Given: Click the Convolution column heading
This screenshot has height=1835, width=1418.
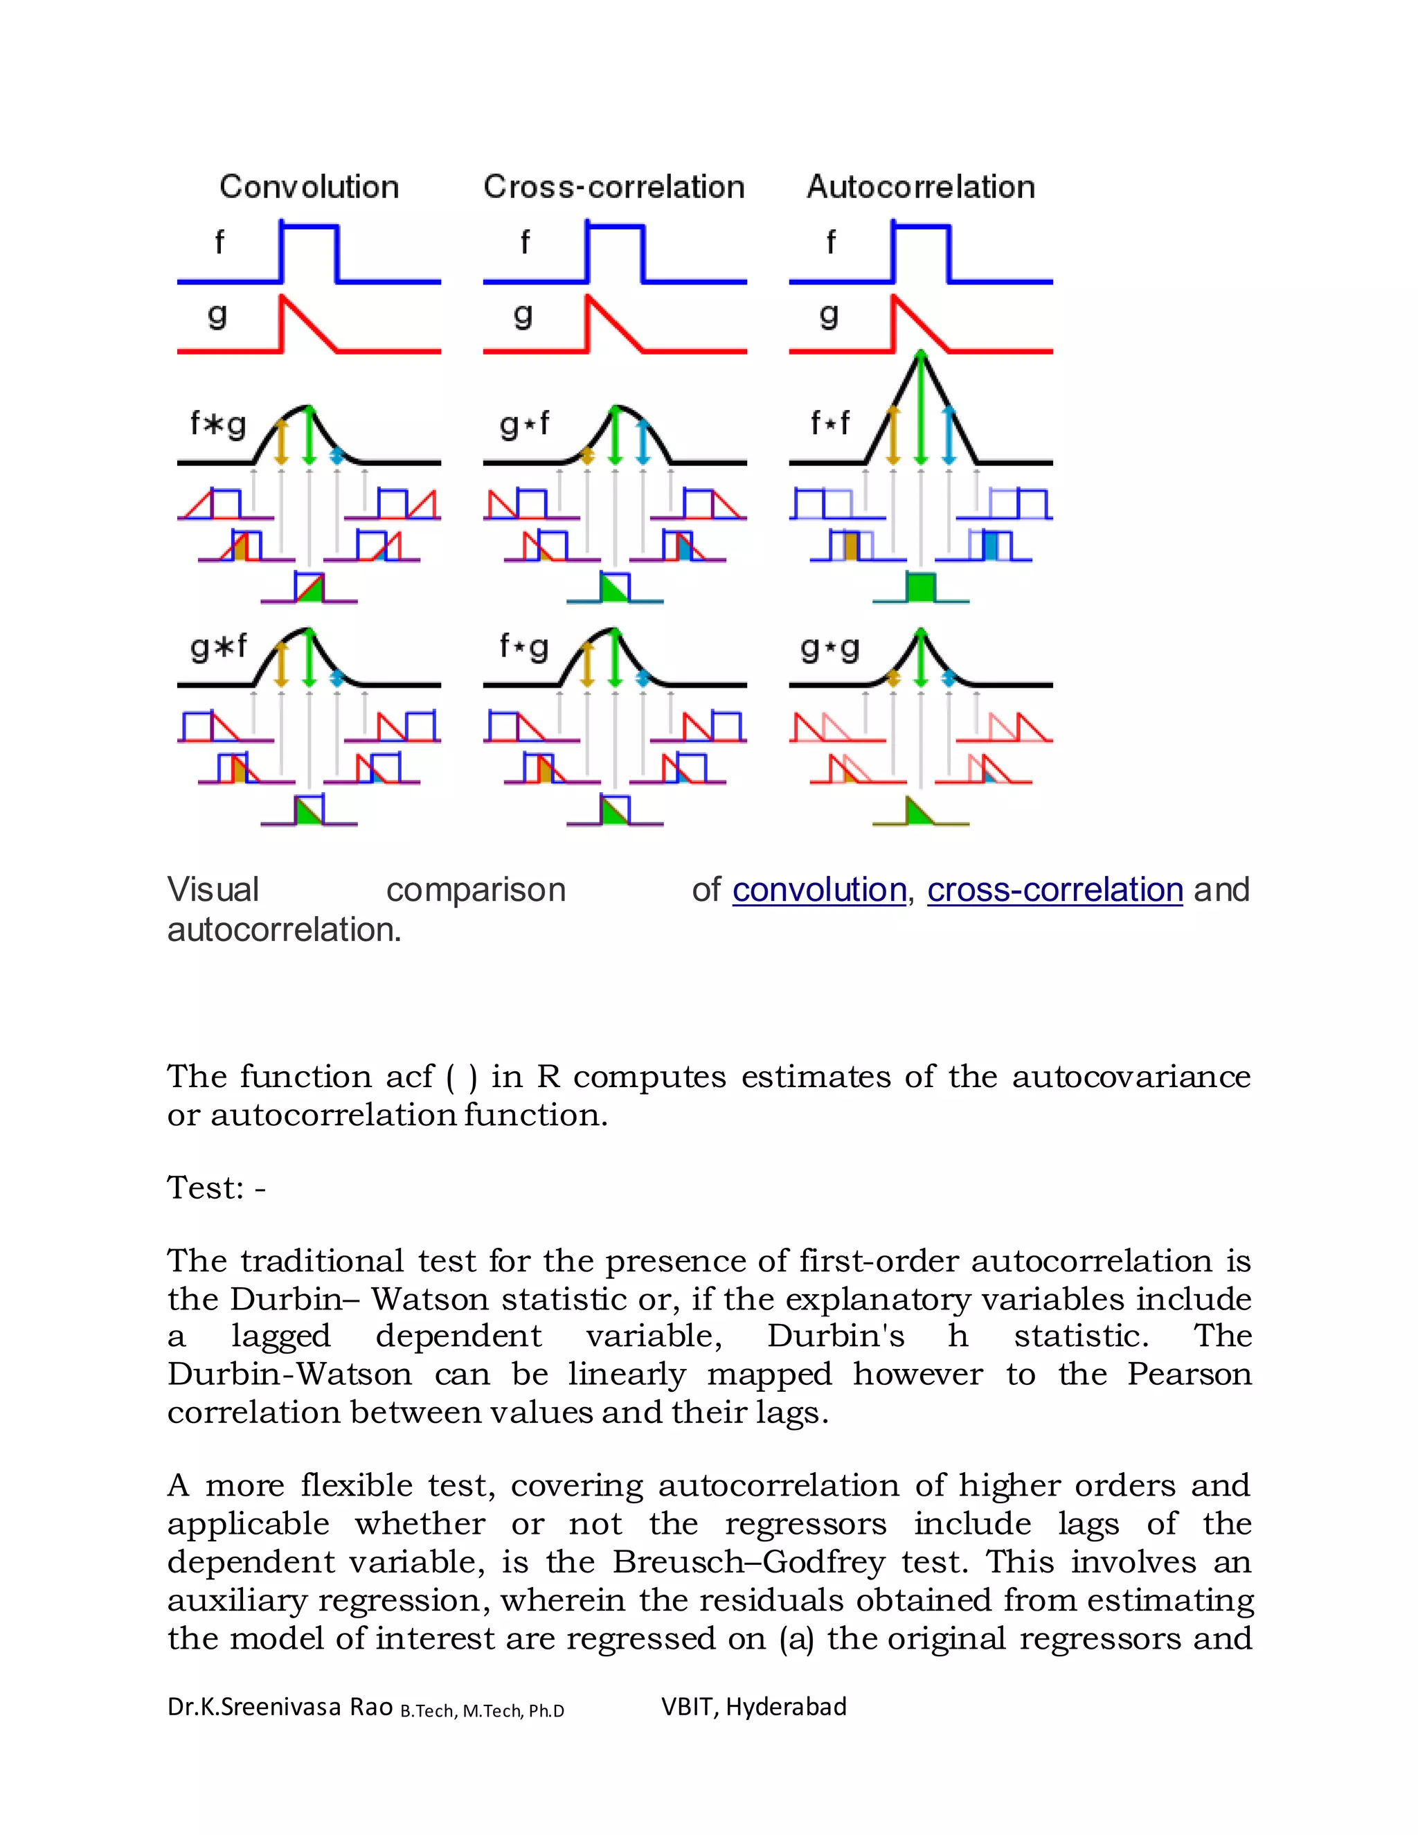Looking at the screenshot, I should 308,186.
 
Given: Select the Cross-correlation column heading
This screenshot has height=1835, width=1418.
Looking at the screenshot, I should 613,186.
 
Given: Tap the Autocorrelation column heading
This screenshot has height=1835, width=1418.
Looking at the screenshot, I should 920,186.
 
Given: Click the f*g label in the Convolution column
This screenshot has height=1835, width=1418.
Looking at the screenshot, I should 217,424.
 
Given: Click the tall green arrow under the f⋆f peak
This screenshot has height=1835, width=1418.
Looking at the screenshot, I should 921,412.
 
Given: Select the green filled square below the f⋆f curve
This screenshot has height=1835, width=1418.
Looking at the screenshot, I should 921,587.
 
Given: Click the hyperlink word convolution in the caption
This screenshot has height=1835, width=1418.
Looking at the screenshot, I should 818,890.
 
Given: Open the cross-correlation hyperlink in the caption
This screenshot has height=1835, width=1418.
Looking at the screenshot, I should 1054,890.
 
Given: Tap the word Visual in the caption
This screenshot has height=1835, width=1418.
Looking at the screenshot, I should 213,890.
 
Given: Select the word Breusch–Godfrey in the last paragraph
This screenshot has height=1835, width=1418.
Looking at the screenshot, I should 748,1562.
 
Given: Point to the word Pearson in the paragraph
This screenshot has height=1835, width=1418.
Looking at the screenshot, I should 1189,1374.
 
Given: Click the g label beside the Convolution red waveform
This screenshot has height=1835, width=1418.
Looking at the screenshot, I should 217,316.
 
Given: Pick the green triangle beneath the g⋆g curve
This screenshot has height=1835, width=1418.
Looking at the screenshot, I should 919,814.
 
